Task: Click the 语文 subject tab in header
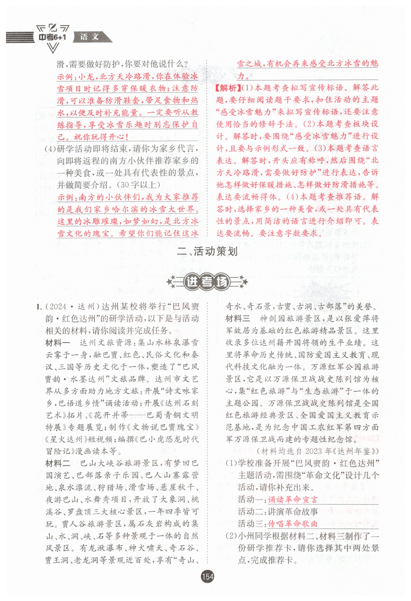click(89, 37)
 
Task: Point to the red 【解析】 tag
click(227, 88)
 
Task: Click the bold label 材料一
click(58, 343)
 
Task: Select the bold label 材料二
click(58, 463)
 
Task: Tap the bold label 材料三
click(238, 319)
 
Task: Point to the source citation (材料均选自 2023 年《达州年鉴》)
click(318, 451)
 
